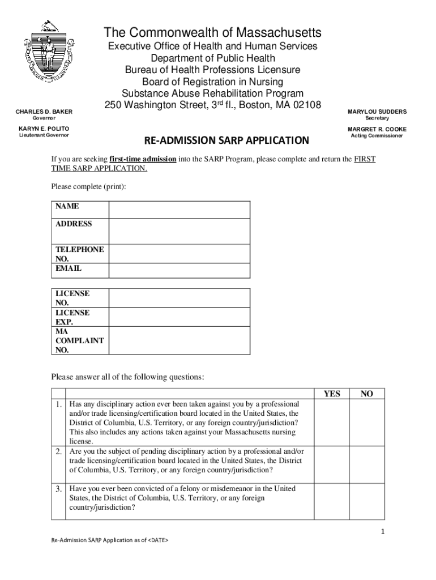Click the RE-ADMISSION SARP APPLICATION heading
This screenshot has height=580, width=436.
pos(226,140)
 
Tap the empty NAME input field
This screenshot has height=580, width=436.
pos(178,209)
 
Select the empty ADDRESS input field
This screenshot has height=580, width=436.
pos(178,231)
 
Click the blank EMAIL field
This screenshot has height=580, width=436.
pos(178,271)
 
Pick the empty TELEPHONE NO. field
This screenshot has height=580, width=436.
pos(178,253)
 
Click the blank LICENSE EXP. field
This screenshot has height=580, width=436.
pos(178,317)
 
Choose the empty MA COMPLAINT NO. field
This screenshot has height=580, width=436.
pos(178,340)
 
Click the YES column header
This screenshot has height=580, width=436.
pos(331,394)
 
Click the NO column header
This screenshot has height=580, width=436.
pos(366,394)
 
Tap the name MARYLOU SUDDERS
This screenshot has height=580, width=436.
pos(377,112)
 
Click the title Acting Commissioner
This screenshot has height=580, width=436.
pos(377,136)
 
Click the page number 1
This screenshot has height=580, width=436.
pos(383,531)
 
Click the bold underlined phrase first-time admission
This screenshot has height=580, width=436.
pos(142,160)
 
